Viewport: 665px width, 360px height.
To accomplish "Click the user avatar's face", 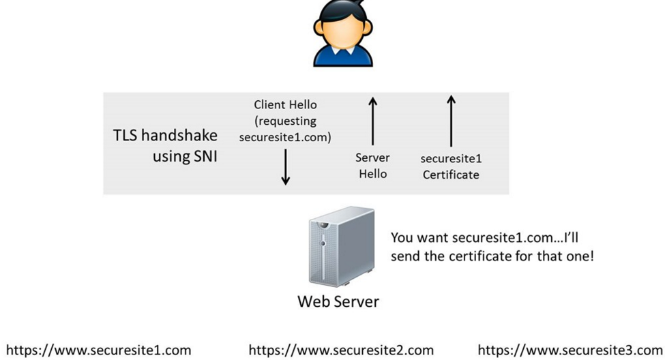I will [342, 35].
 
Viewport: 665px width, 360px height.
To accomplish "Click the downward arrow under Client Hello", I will [286, 167].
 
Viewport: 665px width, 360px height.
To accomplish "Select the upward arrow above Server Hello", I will [372, 122].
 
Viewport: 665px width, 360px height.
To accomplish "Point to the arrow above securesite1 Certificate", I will [451, 121].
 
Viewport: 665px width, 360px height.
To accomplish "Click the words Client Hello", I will [285, 105].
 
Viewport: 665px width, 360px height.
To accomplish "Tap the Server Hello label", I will [372, 166].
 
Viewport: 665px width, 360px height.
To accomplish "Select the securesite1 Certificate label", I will [451, 166].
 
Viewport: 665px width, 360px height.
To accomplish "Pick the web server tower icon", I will [341, 246].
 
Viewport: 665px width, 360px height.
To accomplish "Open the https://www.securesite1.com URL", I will [98, 350].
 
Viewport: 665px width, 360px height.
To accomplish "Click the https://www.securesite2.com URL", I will [341, 350].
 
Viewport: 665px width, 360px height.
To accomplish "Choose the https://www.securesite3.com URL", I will [570, 350].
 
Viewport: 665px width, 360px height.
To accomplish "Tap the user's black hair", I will [342, 14].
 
